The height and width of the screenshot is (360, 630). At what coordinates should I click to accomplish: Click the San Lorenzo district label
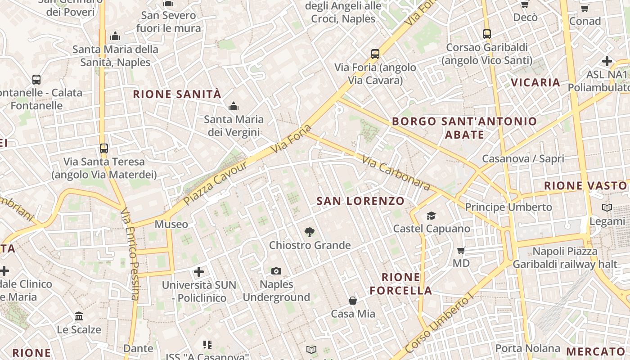click(360, 201)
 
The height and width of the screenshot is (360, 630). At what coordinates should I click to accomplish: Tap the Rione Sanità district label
click(177, 94)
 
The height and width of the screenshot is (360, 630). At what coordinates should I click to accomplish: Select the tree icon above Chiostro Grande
click(309, 232)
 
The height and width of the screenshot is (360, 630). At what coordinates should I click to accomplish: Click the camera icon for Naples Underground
click(276, 271)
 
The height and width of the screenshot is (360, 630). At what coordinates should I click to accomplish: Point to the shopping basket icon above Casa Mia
click(353, 300)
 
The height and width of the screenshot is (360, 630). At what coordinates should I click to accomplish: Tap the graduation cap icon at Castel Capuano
click(431, 216)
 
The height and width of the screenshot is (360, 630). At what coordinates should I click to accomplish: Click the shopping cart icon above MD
click(461, 250)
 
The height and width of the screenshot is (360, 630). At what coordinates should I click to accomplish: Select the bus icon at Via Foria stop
click(375, 54)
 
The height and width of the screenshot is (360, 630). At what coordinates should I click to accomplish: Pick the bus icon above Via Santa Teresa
click(104, 148)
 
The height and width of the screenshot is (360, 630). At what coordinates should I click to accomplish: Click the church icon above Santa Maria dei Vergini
click(234, 107)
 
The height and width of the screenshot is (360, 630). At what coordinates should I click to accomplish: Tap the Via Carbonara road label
click(396, 173)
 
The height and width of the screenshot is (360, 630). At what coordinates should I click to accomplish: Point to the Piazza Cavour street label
click(216, 183)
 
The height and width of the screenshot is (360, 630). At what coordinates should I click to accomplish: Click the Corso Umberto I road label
click(439, 322)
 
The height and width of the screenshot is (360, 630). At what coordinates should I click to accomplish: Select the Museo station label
click(171, 224)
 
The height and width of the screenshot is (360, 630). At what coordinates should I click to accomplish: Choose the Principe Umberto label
click(508, 207)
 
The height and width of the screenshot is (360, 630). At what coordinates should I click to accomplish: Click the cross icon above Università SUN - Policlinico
click(199, 272)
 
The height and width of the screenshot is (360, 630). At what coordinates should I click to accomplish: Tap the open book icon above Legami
click(607, 207)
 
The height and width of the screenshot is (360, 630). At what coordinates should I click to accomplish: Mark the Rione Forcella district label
click(401, 284)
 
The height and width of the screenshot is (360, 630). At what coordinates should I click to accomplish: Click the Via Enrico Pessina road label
click(130, 254)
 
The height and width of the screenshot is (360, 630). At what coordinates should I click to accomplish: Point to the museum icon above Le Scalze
click(79, 316)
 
